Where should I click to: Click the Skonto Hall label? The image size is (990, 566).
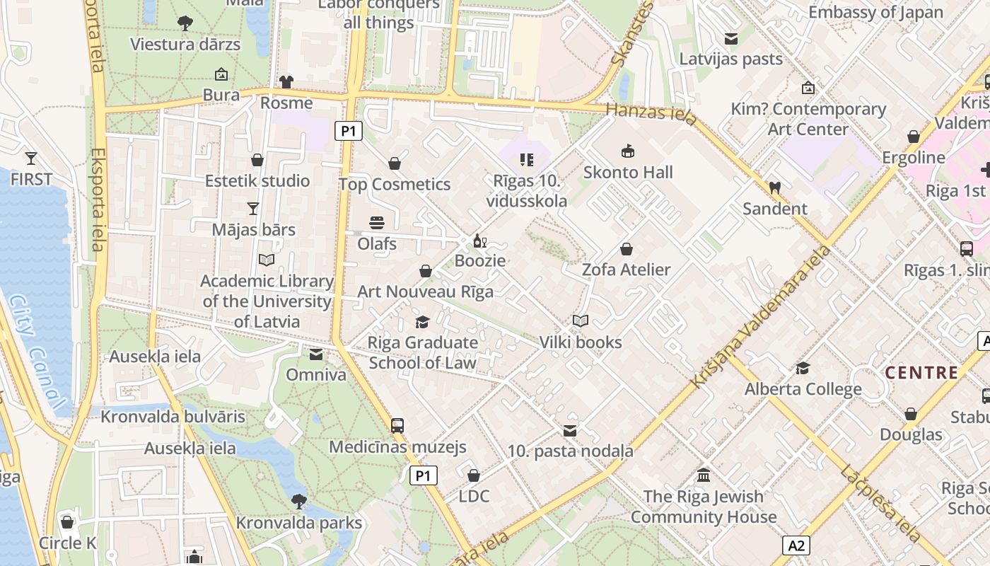628,172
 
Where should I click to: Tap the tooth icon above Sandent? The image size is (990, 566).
774,188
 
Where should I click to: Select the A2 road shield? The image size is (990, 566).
796,545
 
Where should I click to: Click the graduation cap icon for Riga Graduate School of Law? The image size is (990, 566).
422,323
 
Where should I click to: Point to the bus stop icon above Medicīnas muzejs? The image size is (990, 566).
397,426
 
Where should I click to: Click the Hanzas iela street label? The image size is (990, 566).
652,112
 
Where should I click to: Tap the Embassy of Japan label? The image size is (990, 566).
875,12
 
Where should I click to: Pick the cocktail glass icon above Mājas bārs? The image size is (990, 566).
253,209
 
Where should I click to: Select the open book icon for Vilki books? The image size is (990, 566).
581,321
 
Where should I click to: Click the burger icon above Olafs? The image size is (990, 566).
377,223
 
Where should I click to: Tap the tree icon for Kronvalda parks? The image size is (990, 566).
299,502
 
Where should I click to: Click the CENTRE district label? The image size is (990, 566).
921,373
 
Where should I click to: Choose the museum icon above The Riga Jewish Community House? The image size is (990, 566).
703,475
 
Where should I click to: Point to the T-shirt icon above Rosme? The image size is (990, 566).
286,82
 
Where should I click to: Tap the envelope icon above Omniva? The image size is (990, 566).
315,354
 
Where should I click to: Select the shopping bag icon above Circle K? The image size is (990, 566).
67,523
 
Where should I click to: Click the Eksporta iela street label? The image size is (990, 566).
98,200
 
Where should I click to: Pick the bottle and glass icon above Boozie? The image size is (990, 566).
479,241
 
